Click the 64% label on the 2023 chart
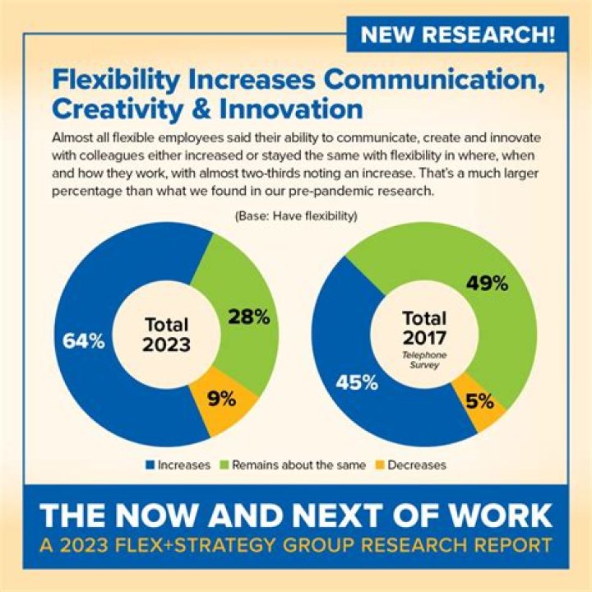pyautogui.click(x=84, y=341)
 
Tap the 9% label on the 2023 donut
pyautogui.click(x=220, y=400)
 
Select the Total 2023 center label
pyautogui.click(x=166, y=334)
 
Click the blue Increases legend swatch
pyautogui.click(x=151, y=465)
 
